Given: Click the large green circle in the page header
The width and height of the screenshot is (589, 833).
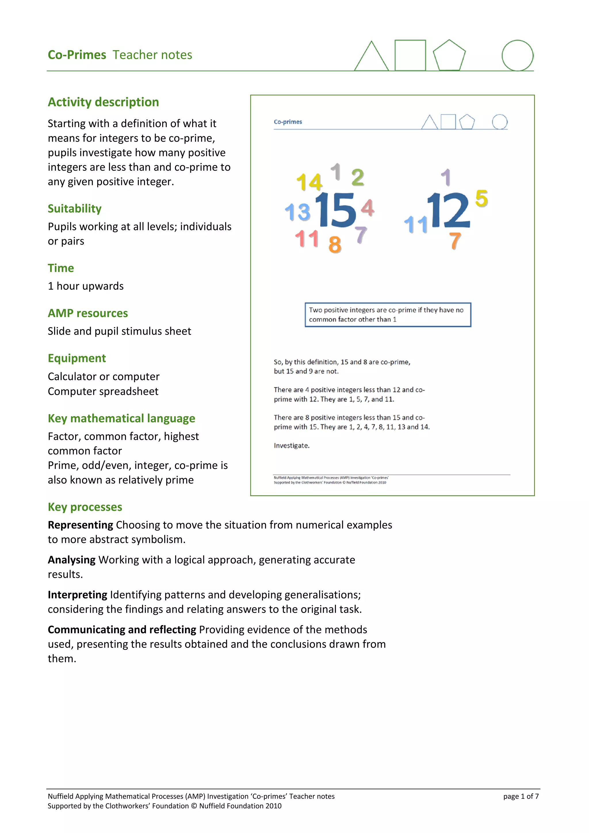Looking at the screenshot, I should [517, 55].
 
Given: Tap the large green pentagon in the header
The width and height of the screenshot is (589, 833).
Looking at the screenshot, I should [449, 56].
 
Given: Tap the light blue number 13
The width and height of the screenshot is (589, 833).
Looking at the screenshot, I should [298, 212].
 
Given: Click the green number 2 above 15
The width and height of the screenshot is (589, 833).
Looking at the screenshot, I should [357, 177].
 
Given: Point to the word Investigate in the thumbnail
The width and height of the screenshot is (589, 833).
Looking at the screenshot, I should [291, 446].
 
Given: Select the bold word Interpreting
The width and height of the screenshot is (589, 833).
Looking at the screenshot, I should [77, 595].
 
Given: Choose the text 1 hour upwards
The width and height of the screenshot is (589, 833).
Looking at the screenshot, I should [86, 286].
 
